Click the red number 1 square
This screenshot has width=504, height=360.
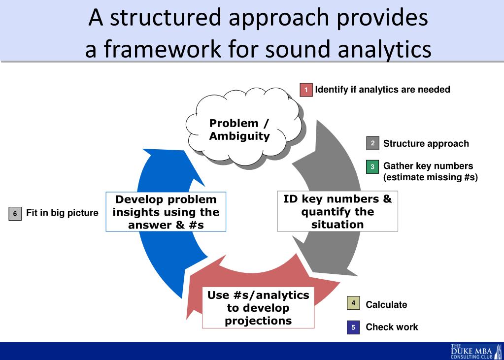(x=306, y=90)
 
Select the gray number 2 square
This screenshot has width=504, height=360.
(x=372, y=143)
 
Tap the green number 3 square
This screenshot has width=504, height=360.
(x=372, y=166)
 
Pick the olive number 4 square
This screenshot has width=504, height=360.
(x=353, y=303)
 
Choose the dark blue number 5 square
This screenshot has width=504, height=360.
(x=353, y=327)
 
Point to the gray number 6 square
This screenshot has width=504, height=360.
(x=15, y=214)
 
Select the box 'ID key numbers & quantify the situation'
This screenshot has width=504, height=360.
(x=337, y=212)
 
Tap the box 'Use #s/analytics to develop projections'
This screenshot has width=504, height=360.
(x=258, y=308)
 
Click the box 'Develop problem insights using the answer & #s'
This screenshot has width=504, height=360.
(x=166, y=212)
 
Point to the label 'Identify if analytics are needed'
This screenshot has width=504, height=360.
(x=382, y=90)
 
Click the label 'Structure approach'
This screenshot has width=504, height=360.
(x=426, y=144)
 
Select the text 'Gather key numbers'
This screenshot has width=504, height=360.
(x=428, y=166)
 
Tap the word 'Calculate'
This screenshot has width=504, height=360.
(x=386, y=305)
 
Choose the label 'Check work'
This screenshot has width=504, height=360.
(x=392, y=327)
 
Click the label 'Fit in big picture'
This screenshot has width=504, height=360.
(x=62, y=214)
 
